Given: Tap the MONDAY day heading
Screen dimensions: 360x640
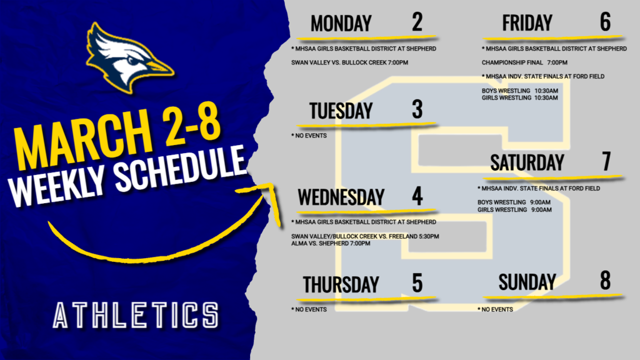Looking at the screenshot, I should tap(341, 24).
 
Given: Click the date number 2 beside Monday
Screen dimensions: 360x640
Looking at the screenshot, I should tap(417, 22).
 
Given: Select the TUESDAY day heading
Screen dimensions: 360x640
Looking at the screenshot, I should tap(341, 111).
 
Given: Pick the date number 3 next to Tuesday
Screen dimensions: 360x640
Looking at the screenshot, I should tap(417, 110).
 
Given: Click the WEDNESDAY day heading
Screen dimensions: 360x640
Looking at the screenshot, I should tap(341, 197).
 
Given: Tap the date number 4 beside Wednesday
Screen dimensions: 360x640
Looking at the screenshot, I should tap(417, 196).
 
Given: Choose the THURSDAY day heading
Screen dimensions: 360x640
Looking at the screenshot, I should tap(341, 284).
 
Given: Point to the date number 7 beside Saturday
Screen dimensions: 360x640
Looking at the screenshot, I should tap(606, 161).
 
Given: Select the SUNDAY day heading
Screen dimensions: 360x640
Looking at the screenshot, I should tap(527, 282).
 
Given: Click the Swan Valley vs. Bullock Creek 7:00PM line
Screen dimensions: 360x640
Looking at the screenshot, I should tap(350, 62).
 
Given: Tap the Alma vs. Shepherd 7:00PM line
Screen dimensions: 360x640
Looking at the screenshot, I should tap(331, 243).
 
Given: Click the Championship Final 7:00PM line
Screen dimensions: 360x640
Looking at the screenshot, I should tap(524, 62).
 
